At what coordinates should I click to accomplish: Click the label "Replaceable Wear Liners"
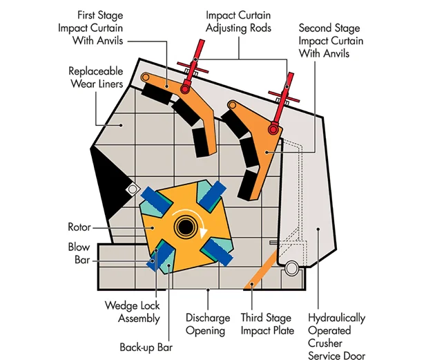pyautogui.click(x=96, y=77)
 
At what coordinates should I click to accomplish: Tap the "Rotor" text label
pyautogui.click(x=79, y=227)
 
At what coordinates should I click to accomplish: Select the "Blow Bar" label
pyautogui.click(x=79, y=253)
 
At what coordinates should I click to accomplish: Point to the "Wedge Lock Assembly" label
pyautogui.click(x=132, y=312)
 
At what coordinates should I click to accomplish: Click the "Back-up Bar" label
pyautogui.click(x=145, y=347)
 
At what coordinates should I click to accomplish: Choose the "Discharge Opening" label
pyautogui.click(x=207, y=324)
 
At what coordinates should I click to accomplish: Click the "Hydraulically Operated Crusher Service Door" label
pyautogui.click(x=337, y=337)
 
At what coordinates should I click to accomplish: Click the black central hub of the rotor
pyautogui.click(x=184, y=226)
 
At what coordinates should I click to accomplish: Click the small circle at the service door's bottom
pyautogui.click(x=291, y=267)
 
